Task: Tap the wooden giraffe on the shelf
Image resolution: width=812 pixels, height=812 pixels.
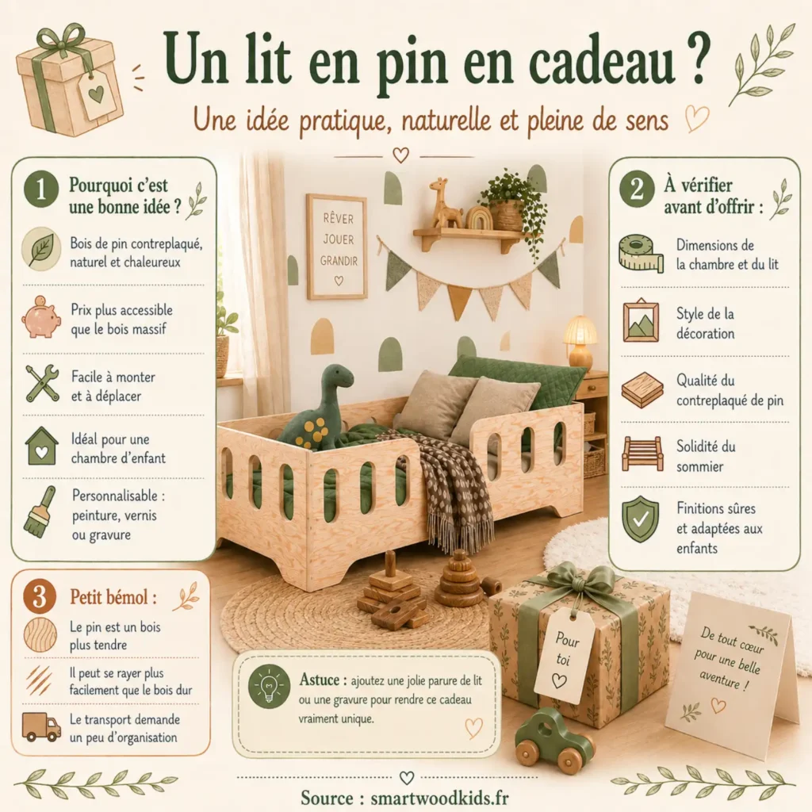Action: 444,205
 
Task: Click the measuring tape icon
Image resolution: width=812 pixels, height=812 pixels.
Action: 641,254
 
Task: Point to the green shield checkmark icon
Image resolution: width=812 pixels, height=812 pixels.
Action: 640,519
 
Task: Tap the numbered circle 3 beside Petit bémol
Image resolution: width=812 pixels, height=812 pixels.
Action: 40,596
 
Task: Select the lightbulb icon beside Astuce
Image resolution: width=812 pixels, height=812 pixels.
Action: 269,686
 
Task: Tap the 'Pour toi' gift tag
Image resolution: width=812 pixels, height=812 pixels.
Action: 564,654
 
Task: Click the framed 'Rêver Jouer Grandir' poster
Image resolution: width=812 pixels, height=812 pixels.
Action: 337,247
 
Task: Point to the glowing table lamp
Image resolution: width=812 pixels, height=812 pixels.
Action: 580,339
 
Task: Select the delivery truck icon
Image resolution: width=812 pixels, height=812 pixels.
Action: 41,726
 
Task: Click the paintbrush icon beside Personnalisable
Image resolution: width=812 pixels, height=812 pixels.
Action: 40,511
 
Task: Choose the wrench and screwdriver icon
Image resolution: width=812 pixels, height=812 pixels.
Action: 41,383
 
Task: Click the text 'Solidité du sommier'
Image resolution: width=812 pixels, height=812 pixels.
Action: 706,457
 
